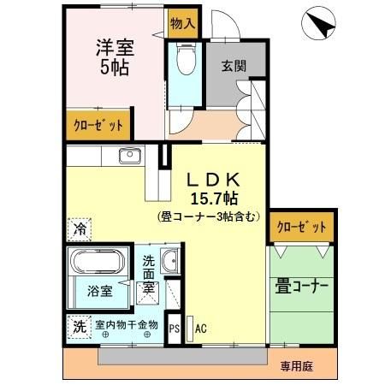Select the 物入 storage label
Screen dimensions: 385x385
tap(181, 23)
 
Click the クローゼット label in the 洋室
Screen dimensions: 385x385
tap(98, 126)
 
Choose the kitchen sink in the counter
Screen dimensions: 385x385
tap(131, 156)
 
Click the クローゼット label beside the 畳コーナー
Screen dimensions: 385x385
tap(300, 228)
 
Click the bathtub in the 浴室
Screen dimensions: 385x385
tap(98, 264)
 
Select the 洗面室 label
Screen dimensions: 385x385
tap(149, 275)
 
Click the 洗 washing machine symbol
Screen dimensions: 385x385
tap(79, 326)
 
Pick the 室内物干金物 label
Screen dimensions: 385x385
tap(126, 325)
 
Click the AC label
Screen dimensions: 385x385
tap(201, 328)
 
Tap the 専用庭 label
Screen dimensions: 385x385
tap(296, 366)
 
